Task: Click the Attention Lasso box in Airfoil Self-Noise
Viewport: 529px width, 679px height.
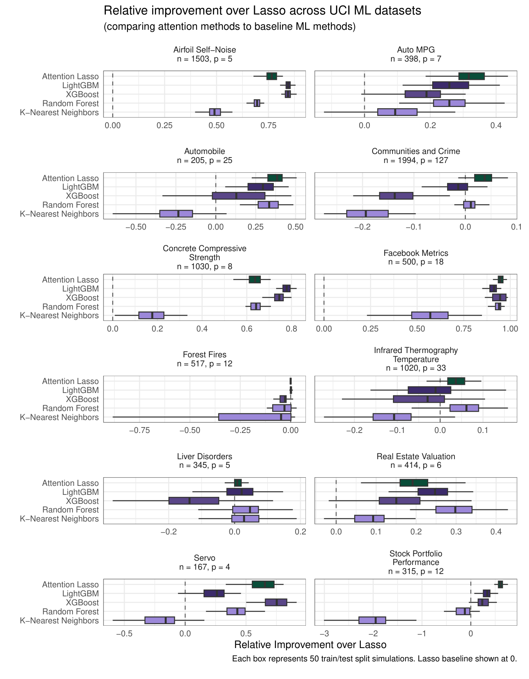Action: click(x=272, y=76)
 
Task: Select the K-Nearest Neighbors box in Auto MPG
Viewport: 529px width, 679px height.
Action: click(x=397, y=112)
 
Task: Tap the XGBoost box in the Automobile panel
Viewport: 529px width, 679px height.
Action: click(x=238, y=196)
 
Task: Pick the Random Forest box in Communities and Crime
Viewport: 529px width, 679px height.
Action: click(x=469, y=205)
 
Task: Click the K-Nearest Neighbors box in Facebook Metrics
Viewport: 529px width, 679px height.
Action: click(x=430, y=315)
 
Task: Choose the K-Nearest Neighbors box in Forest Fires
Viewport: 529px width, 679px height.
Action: click(x=255, y=417)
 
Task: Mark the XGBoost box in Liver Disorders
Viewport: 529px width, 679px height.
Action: click(x=194, y=501)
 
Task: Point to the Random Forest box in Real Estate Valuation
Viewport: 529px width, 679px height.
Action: click(x=454, y=510)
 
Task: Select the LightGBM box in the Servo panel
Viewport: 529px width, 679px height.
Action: click(x=214, y=594)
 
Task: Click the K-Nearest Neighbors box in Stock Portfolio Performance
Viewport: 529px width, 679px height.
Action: click(x=372, y=620)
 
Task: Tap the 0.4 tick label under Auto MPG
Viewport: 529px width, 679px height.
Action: click(x=496, y=126)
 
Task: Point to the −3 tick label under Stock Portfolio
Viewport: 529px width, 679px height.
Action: click(x=324, y=634)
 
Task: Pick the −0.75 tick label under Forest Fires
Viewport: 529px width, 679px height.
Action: click(x=139, y=430)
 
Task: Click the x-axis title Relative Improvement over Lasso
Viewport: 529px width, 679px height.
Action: click(x=310, y=645)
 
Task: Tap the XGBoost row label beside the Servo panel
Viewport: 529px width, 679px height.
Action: click(x=82, y=603)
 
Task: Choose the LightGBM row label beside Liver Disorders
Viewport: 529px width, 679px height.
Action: click(x=80, y=492)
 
